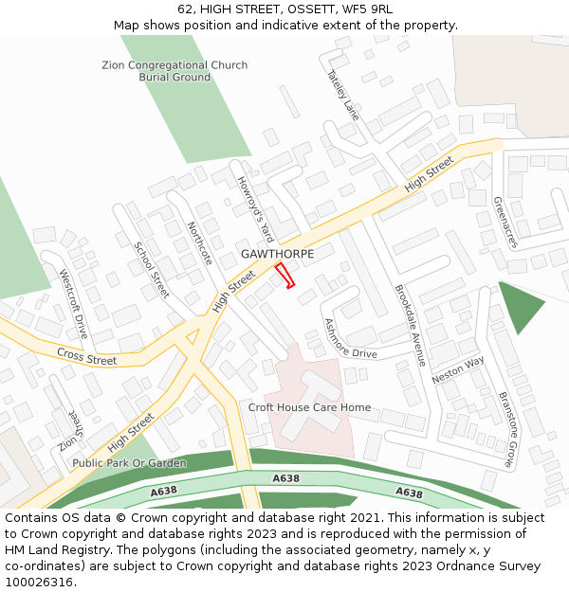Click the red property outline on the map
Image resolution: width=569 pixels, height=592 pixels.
[284, 276]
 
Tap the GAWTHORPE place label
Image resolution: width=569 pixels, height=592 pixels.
[277, 254]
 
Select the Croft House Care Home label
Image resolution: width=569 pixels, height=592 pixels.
[309, 407]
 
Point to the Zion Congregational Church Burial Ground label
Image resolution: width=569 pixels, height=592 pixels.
[174, 71]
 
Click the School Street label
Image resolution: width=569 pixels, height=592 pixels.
[152, 270]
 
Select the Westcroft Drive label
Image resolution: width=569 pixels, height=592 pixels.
[73, 305]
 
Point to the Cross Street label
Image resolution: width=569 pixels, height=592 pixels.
[86, 357]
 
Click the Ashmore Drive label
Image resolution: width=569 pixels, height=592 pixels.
[350, 339]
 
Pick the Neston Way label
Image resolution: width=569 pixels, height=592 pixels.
[458, 369]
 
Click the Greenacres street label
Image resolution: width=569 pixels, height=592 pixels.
[505, 223]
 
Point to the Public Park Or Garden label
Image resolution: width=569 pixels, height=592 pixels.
[129, 463]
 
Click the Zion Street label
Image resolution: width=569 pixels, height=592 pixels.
[70, 429]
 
